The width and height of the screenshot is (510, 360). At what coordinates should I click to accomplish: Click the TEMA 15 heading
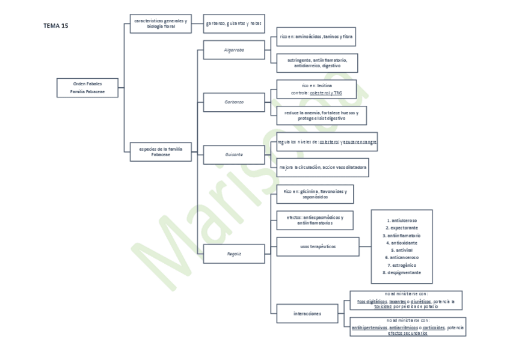coord(56,26)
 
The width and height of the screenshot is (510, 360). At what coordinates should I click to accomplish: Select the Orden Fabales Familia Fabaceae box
coord(87,88)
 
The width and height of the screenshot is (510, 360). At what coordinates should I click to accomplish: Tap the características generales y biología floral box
coord(160,23)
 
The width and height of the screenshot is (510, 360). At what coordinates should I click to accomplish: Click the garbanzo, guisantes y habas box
coord(234,23)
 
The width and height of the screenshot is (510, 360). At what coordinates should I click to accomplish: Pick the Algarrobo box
coord(233,50)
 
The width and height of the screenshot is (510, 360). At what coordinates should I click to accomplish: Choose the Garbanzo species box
coord(233,102)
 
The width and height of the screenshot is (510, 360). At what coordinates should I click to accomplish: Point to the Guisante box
coord(233,154)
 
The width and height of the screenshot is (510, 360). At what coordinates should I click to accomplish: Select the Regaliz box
coord(233,254)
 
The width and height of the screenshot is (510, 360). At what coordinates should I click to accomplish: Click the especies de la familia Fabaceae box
coord(160,152)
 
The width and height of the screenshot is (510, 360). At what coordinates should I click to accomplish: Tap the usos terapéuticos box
coord(318,246)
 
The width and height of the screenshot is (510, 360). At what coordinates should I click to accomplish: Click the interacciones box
coord(307,313)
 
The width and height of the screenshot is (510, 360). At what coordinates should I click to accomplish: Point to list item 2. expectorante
coord(402,228)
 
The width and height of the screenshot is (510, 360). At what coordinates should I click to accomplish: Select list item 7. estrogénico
coord(402,265)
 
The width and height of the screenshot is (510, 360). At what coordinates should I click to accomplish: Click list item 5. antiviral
coord(402,250)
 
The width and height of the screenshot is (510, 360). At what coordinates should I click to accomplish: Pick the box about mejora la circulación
coord(322,167)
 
